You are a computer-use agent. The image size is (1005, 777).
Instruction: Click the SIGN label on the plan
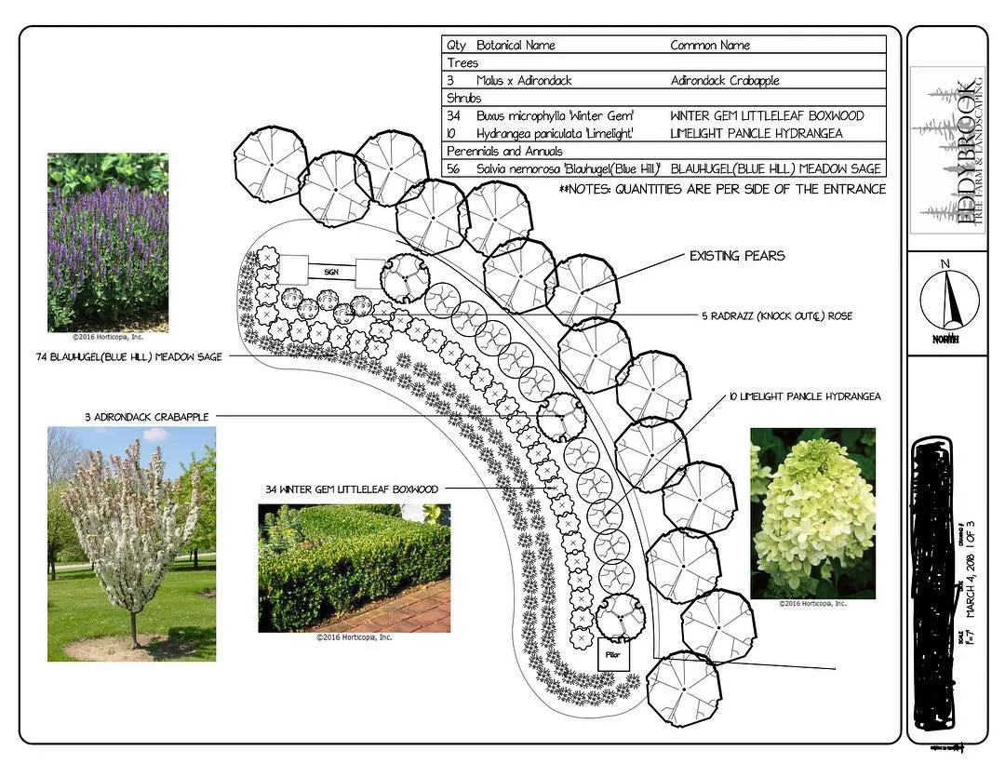(330, 272)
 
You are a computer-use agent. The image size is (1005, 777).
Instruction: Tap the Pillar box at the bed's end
(612, 654)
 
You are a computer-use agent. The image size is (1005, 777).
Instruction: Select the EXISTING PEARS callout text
(736, 256)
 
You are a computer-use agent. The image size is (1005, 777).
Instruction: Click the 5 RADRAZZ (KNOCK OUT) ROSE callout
(778, 316)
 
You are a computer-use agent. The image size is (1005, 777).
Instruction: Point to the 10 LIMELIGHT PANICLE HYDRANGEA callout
(804, 397)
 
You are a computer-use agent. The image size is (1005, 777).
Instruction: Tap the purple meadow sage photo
(108, 243)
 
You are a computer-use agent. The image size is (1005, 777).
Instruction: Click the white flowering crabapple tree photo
(131, 543)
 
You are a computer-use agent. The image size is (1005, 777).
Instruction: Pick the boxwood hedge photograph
(354, 568)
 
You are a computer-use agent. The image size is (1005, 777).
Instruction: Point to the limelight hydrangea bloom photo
(812, 513)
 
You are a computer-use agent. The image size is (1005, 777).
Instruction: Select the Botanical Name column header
(516, 45)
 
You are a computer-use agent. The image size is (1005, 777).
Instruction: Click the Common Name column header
(710, 45)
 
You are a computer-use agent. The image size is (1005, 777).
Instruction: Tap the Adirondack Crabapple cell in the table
(724, 80)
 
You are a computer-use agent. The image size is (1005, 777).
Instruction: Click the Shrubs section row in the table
(462, 98)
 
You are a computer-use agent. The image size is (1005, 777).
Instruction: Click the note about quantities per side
(721, 189)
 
